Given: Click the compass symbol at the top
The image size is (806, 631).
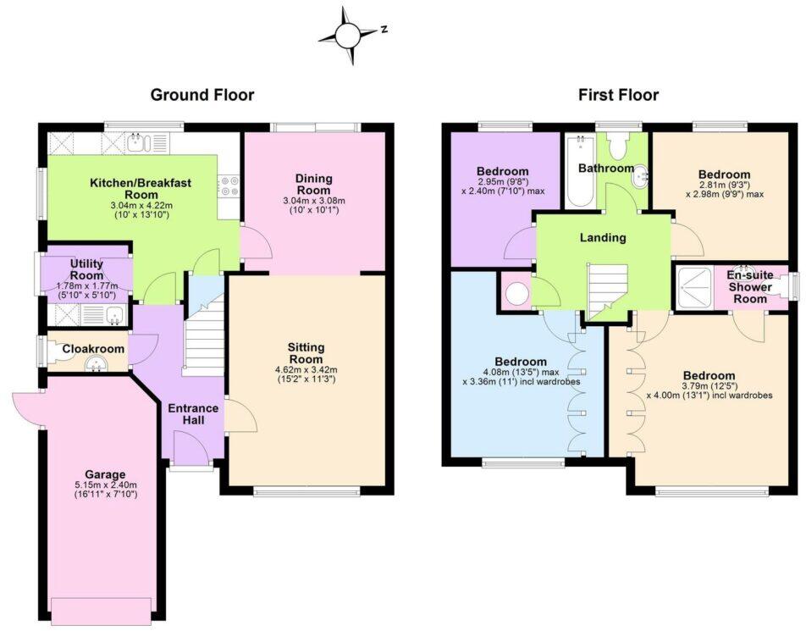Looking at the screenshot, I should (x=348, y=35).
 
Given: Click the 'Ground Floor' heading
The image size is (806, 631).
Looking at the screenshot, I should (x=201, y=95).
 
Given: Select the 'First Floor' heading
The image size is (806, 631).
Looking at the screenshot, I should (x=618, y=95).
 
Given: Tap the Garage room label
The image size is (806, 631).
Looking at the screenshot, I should (x=105, y=474).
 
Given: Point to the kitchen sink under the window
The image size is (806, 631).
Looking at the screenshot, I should (x=139, y=143).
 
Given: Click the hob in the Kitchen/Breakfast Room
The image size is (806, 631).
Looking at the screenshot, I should (x=229, y=185).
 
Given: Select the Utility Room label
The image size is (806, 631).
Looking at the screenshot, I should (x=86, y=269).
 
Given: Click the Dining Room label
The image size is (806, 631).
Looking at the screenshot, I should (x=313, y=185).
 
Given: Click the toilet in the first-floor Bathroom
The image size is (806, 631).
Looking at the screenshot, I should (x=619, y=147).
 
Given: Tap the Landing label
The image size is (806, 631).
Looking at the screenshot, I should (x=603, y=237).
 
